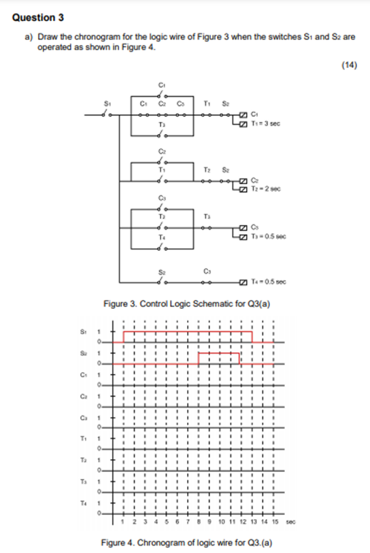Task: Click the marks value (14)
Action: (349, 65)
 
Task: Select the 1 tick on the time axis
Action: (123, 523)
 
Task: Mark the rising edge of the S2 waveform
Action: (197, 358)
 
